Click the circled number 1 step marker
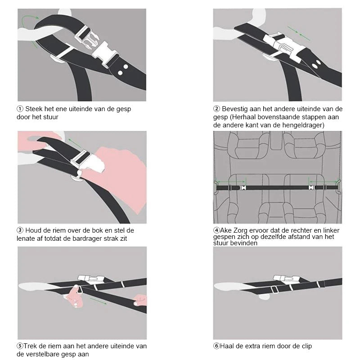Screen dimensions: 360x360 pyautogui.click(x=20, y=109)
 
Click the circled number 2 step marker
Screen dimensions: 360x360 pyautogui.click(x=216, y=109)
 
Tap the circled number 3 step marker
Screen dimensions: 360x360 pyautogui.click(x=20, y=230)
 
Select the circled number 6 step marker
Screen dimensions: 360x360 pyautogui.click(x=216, y=346)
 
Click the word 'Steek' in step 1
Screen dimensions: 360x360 pyautogui.click(x=34, y=109)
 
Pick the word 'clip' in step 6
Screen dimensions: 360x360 pyautogui.click(x=307, y=346)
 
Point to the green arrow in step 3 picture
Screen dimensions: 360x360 pyautogui.click(x=75, y=143)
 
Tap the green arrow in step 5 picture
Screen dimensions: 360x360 pyautogui.click(x=98, y=301)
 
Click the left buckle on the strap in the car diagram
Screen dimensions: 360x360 pyautogui.click(x=243, y=188)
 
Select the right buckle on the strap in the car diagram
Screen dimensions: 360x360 pyautogui.click(x=311, y=188)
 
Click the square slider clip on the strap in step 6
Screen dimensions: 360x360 pyautogui.click(x=274, y=290)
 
